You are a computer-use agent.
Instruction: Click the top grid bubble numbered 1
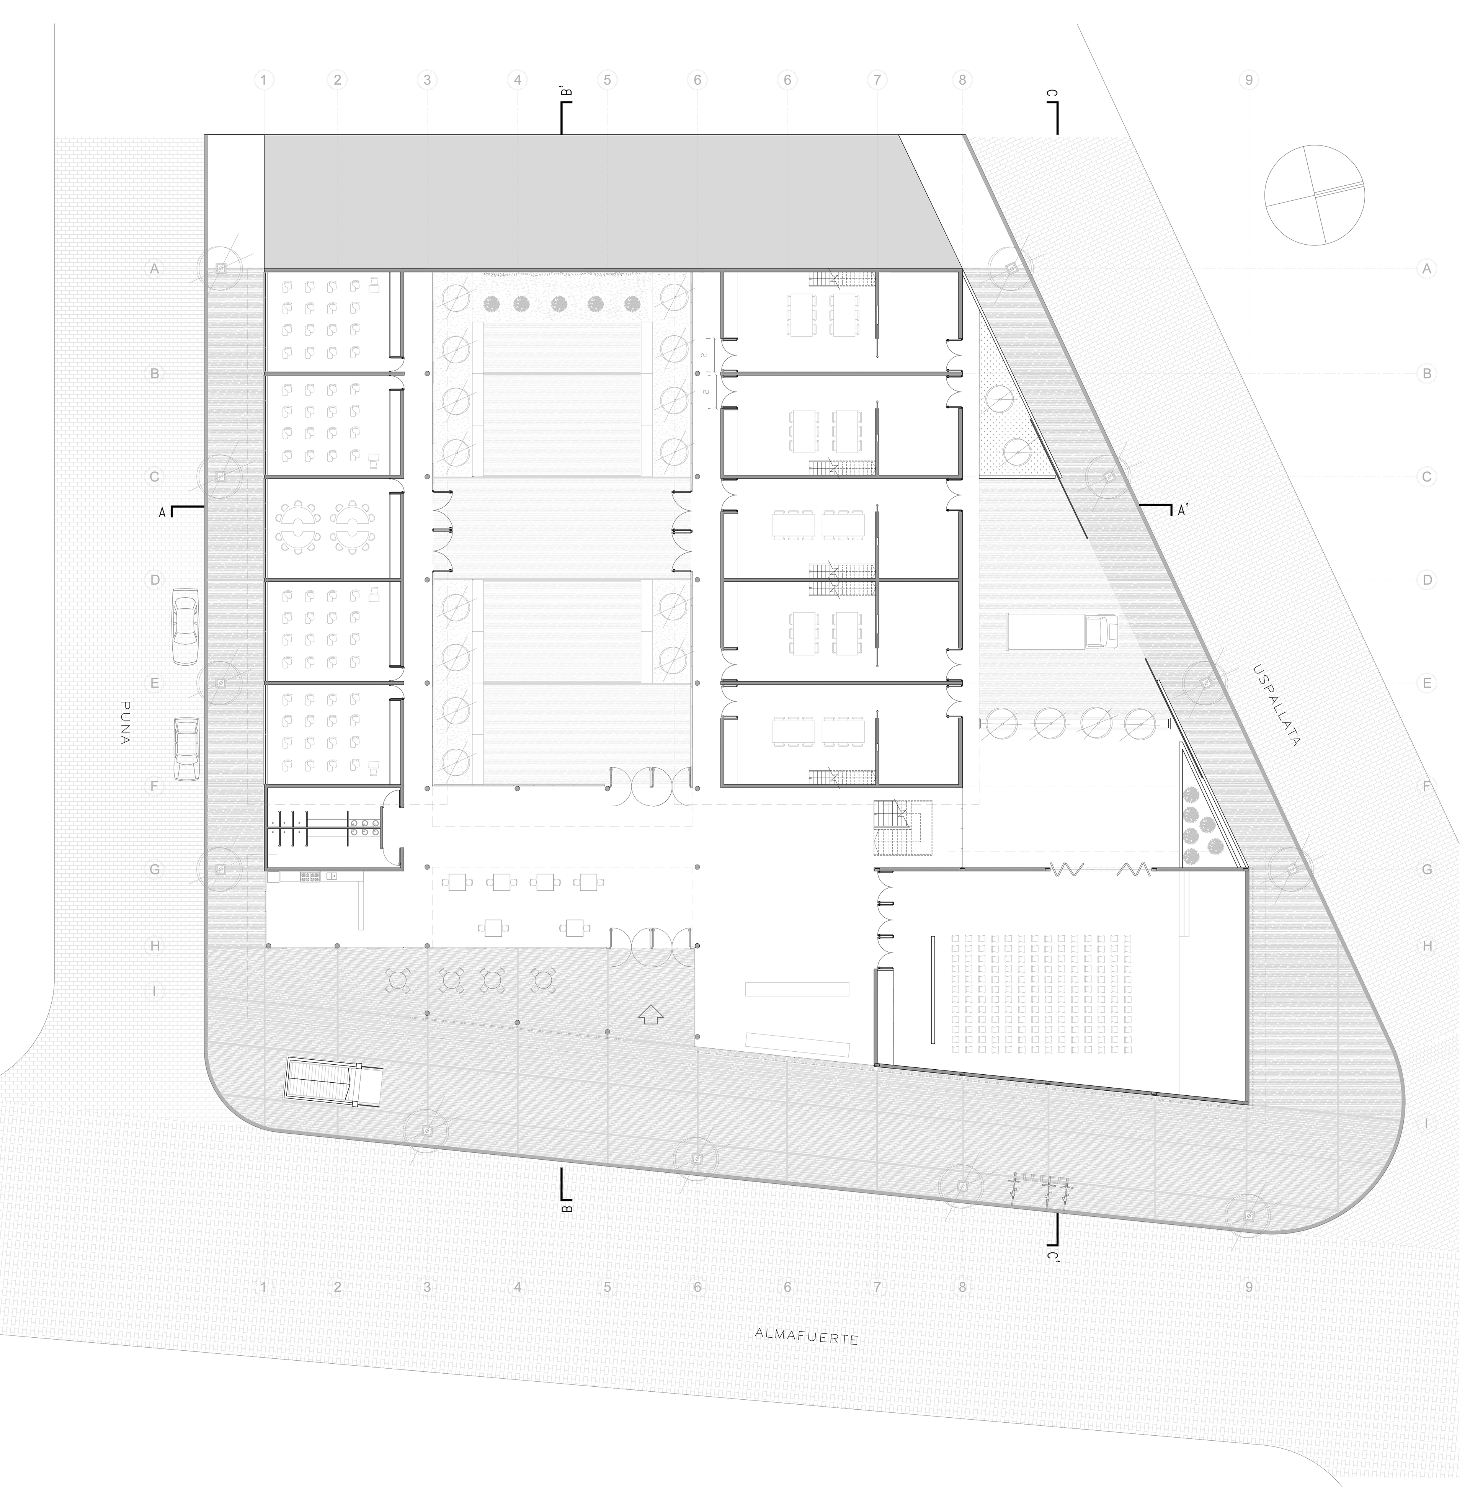click(x=264, y=79)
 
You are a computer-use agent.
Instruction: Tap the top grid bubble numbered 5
click(x=607, y=79)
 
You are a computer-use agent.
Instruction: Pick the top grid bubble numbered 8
click(x=962, y=79)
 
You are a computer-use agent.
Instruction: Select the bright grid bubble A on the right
click(x=1426, y=270)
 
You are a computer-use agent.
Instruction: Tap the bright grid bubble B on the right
click(x=1426, y=374)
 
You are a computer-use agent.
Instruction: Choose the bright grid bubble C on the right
click(x=1426, y=477)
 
